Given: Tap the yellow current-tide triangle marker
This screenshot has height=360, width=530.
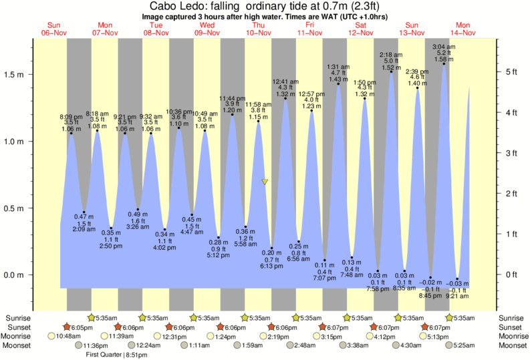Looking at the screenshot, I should point(265,182).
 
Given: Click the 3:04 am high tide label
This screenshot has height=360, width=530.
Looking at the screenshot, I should point(444,47).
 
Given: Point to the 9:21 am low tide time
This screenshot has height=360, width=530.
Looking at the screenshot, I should point(456,295).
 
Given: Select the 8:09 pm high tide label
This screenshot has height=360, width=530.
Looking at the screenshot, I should point(71,116).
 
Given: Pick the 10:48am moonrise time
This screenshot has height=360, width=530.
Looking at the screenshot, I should point(69,337).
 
